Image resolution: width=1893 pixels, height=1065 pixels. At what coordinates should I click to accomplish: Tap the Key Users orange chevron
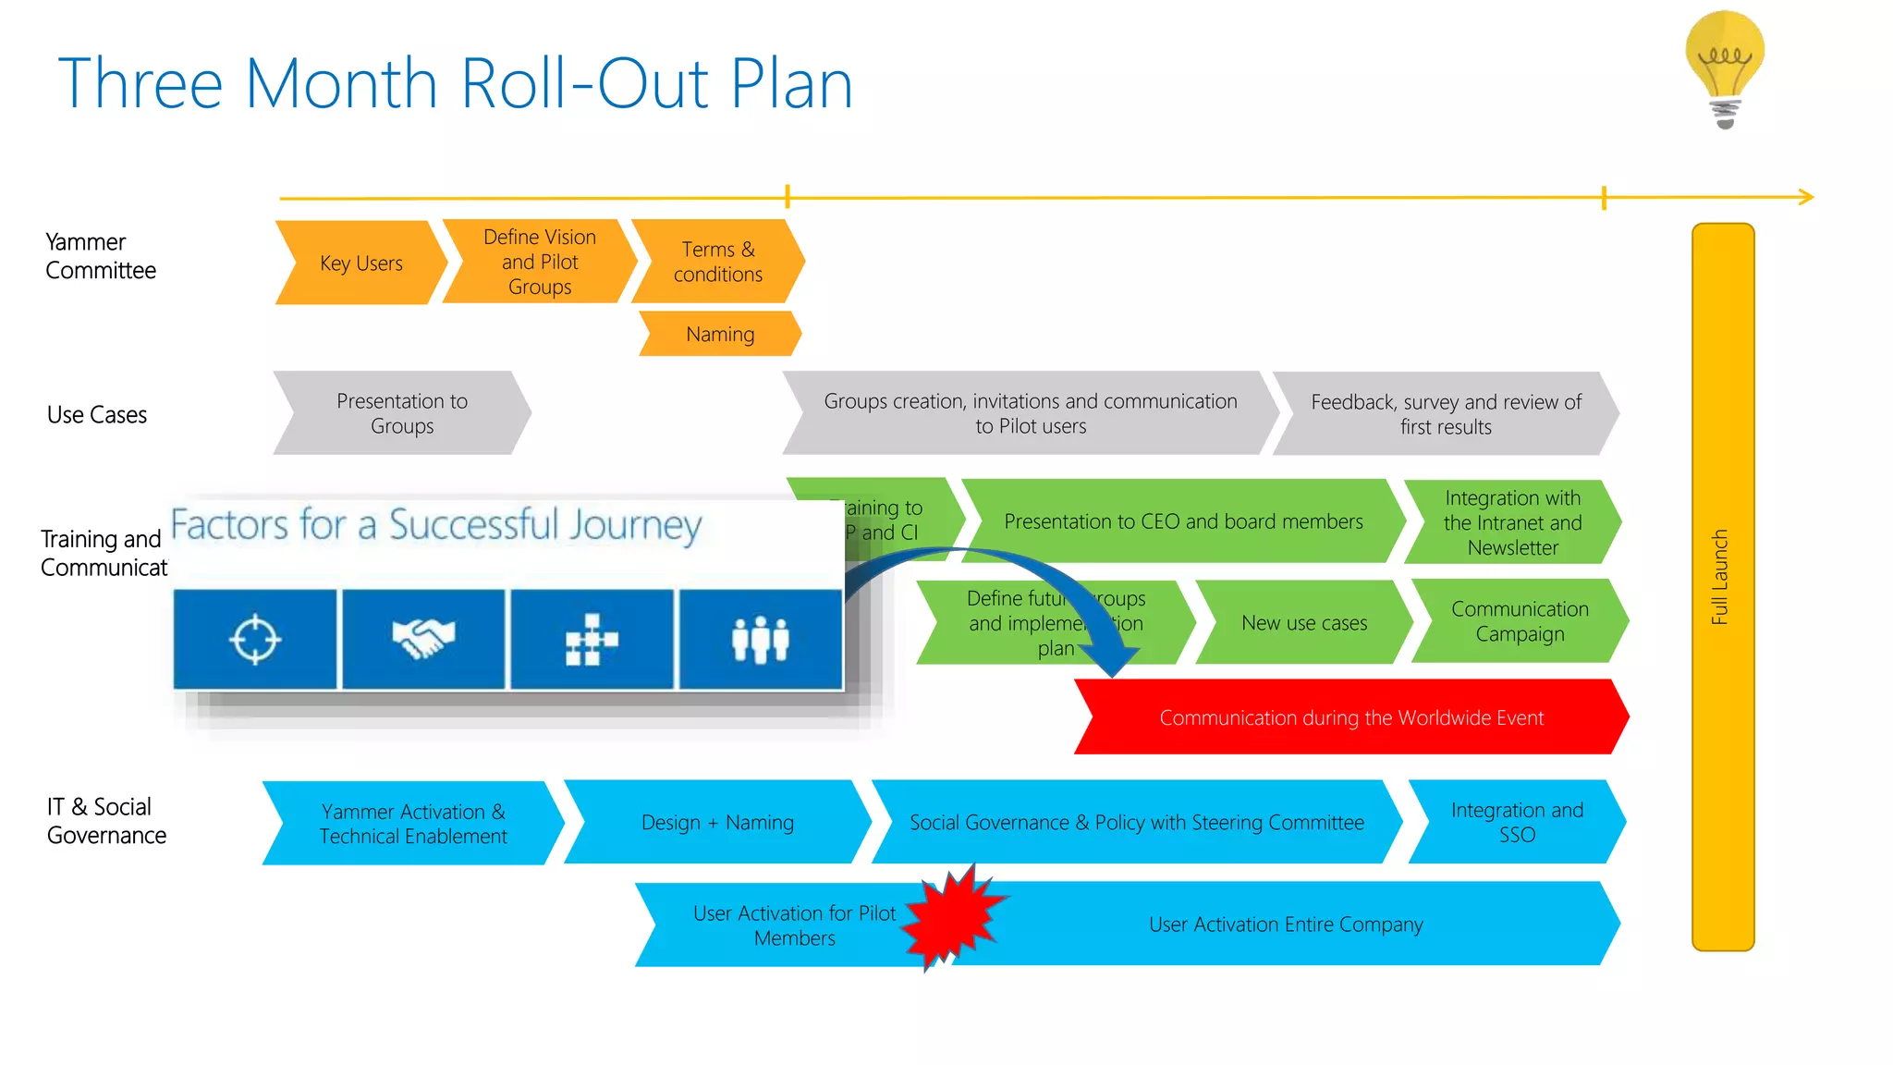[x=360, y=263]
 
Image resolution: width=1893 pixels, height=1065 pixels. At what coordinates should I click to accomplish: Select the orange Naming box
[x=720, y=334]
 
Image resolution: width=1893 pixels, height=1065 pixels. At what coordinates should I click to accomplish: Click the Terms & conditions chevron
[x=717, y=262]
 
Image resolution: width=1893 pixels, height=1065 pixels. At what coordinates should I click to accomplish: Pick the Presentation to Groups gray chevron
[x=402, y=413]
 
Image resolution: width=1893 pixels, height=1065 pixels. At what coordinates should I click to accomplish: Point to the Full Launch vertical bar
[x=1722, y=586]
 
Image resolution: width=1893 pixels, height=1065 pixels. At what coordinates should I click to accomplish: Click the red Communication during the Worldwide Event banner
[x=1350, y=717]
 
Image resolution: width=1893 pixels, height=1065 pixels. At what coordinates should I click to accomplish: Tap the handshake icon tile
[x=423, y=639]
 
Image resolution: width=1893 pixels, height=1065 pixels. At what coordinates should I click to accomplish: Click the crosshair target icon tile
[x=255, y=639]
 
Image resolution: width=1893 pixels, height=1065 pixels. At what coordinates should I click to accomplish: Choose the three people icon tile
[x=760, y=639]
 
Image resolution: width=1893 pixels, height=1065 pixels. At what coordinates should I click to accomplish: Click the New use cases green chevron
[x=1303, y=623]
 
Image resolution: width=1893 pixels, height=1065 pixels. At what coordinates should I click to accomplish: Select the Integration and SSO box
[x=1516, y=822]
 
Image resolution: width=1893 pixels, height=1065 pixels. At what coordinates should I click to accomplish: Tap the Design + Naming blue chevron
[x=717, y=822]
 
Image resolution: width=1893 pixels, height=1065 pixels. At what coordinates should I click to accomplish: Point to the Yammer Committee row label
[x=100, y=256]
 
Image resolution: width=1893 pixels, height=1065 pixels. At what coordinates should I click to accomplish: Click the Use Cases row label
[x=97, y=415]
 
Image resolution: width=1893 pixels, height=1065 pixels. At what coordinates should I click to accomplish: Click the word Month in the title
[x=341, y=84]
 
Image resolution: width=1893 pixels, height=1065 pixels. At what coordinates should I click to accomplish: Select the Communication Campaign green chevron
[x=1519, y=621]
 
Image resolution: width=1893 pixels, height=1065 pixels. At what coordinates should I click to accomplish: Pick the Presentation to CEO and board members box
[x=1182, y=521]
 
